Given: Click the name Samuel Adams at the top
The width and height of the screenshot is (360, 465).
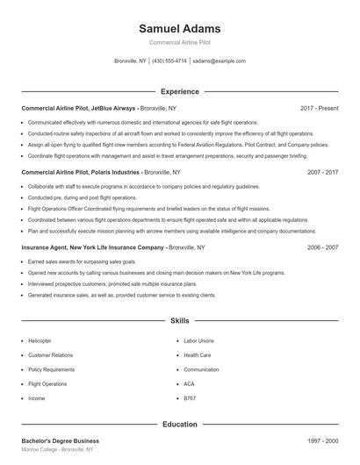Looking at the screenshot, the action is (179, 29).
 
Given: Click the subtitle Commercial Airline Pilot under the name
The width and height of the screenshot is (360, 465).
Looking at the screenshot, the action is (179, 42).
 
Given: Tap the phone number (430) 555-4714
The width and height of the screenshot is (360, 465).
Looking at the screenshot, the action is (169, 61).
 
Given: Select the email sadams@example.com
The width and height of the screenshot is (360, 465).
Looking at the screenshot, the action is (219, 61).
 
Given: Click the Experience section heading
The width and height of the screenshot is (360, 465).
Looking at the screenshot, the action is (179, 91).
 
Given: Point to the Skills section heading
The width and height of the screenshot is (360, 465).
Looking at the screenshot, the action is (179, 321).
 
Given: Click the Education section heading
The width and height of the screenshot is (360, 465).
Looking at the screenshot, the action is (179, 425).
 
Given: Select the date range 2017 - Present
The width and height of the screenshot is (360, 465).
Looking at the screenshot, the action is (319, 108).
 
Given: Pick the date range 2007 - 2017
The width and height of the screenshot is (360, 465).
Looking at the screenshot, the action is (322, 173).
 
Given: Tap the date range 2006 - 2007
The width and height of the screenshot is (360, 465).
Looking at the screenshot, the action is (322, 248).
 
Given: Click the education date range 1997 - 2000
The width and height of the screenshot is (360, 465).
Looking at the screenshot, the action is (322, 440).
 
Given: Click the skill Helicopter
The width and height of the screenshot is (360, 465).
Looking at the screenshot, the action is (40, 340).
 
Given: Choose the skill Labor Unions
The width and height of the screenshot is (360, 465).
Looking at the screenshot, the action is (198, 340).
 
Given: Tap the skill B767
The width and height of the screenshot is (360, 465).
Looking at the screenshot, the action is (190, 398).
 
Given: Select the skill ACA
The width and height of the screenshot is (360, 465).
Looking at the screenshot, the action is (189, 383).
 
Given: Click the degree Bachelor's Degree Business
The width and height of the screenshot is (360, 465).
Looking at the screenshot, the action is (60, 440).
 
